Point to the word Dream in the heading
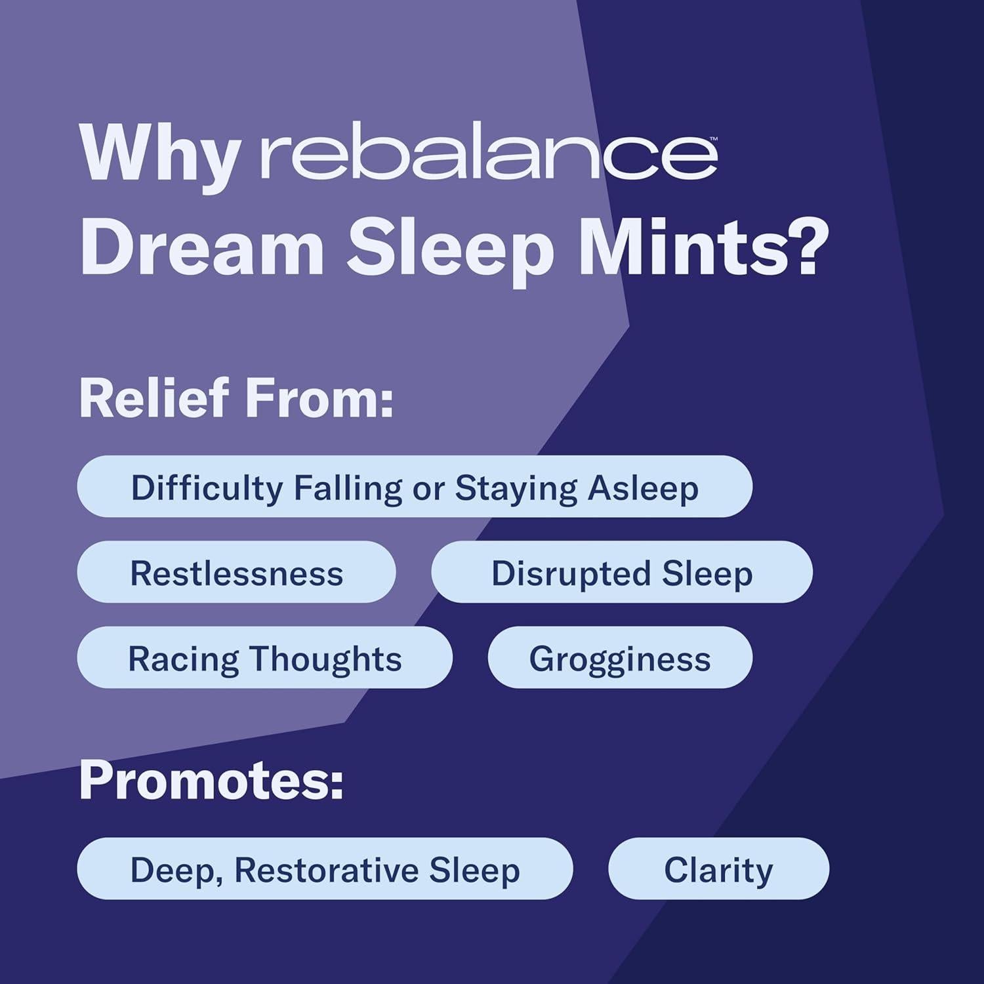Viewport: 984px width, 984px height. (202, 249)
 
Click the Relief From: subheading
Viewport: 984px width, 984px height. (236, 398)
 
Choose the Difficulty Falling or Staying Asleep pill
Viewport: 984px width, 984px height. (415, 487)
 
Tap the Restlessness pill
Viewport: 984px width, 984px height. (236, 572)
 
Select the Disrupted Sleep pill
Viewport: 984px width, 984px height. (622, 572)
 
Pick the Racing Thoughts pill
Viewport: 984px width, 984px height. (264, 657)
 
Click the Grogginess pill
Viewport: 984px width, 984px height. (620, 657)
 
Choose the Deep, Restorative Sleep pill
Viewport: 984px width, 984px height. (325, 869)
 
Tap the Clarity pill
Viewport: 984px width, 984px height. (718, 869)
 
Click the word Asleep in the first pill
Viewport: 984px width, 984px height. (643, 488)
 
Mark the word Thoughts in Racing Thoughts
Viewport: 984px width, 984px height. (325, 658)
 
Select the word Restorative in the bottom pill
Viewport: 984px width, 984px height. (326, 870)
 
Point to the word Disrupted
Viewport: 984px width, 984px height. (571, 573)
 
